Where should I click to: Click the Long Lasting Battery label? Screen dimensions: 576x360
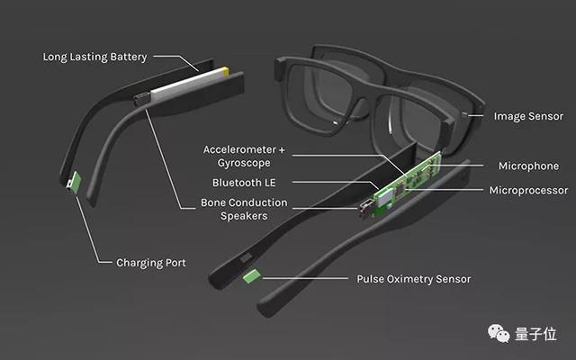point(94,57)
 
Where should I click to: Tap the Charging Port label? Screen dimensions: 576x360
point(151,263)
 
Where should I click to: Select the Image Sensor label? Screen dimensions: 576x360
point(528,116)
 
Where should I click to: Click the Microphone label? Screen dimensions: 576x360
point(528,166)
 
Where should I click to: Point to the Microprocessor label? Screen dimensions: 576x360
point(528,190)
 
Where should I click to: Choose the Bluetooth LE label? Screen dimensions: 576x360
point(244,183)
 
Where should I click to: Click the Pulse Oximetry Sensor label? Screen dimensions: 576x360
point(414,279)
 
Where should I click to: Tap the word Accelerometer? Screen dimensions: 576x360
point(239,150)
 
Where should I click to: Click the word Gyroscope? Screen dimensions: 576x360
point(244,163)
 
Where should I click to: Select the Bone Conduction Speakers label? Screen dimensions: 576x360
point(244,209)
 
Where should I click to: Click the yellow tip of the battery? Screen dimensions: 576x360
point(224,71)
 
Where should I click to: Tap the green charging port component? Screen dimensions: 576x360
point(76,182)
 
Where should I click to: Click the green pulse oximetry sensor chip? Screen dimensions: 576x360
point(252,276)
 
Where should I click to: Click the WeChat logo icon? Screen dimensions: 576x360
point(499,334)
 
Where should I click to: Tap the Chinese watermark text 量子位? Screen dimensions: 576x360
point(535,334)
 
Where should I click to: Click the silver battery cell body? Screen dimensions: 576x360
point(185,85)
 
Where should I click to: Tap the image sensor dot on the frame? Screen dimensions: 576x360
point(464,114)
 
